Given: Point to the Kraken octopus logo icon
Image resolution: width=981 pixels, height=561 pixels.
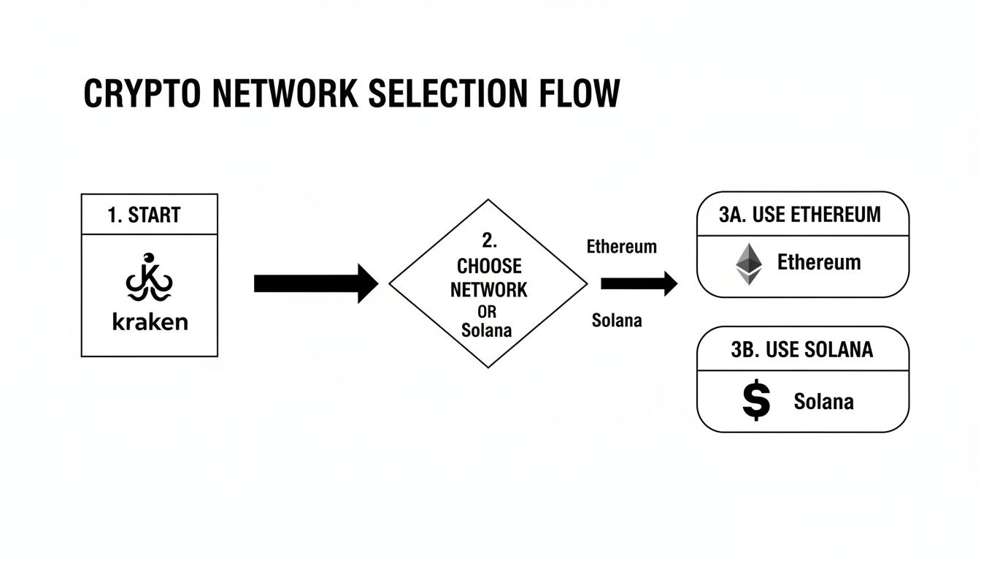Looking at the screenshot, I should [x=149, y=278].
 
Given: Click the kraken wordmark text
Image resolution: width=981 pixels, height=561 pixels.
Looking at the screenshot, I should [x=150, y=321].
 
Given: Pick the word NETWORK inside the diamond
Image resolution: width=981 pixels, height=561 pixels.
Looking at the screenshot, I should [x=488, y=289].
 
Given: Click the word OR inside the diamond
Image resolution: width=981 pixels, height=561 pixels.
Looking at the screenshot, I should [x=487, y=312].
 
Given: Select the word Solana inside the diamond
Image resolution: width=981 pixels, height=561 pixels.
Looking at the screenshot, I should [x=487, y=330].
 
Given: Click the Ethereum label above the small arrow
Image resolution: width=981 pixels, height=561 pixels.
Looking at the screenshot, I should [x=621, y=247].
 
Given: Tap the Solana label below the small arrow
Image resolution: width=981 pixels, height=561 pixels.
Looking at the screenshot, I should [x=617, y=321].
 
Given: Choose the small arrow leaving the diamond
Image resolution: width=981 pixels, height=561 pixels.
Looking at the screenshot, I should [x=638, y=283].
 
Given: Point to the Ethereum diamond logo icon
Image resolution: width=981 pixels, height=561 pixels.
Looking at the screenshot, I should [x=747, y=264].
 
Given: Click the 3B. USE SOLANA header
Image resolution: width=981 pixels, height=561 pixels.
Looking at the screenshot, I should [x=801, y=350].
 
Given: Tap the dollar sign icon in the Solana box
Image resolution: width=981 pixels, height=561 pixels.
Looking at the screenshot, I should [x=755, y=400].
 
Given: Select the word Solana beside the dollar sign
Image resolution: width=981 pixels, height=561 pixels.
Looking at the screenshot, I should [x=823, y=401].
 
